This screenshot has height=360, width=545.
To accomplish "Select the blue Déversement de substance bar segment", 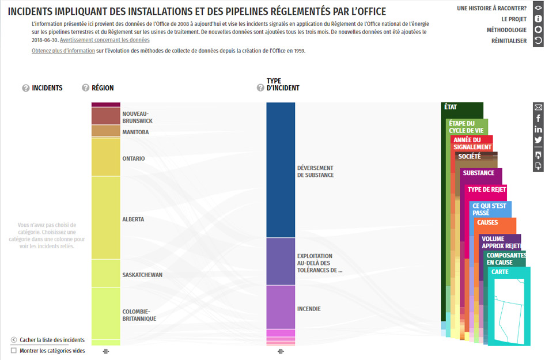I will (281, 170).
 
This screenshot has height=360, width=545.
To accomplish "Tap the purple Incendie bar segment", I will (281, 307).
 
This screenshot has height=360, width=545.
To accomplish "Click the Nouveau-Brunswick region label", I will (137, 118).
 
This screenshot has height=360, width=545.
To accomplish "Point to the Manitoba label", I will (135, 132).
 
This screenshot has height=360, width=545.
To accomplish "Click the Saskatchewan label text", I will (142, 275).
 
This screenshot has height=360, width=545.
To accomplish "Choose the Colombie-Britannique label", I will (139, 315).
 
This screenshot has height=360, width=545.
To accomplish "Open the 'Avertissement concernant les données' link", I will (104, 40).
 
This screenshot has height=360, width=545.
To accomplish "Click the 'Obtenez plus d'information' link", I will (63, 51).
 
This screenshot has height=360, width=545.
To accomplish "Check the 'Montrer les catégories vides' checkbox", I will (14, 351).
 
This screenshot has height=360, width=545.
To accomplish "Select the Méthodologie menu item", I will (506, 30).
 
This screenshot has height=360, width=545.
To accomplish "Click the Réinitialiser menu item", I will (509, 41).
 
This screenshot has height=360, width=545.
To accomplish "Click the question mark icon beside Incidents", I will (25, 88).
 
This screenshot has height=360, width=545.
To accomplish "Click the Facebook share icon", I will (538, 118).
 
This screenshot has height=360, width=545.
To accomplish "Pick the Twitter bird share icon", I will (538, 140).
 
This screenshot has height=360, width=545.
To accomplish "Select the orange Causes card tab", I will (488, 222).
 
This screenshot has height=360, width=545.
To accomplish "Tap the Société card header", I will (470, 156).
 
